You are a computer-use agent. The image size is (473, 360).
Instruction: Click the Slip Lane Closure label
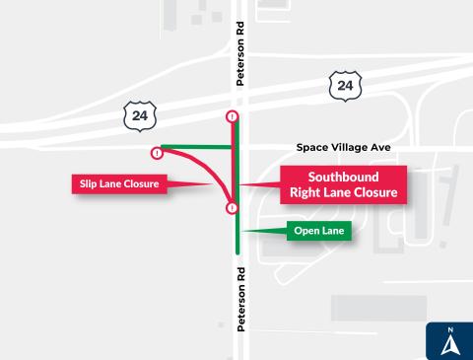115,183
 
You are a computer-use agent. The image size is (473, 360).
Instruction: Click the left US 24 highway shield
137,114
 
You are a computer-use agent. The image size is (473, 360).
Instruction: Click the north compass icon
449,340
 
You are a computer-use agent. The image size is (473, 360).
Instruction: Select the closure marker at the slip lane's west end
157,153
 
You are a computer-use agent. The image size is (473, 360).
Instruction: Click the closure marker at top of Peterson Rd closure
232,116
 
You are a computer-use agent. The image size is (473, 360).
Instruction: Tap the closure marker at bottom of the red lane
232,208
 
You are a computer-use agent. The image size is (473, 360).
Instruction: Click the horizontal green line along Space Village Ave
197,147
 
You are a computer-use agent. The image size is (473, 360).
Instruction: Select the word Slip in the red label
87,183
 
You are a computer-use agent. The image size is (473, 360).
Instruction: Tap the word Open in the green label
304,232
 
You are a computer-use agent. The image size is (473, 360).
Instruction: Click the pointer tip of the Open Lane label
242,232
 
